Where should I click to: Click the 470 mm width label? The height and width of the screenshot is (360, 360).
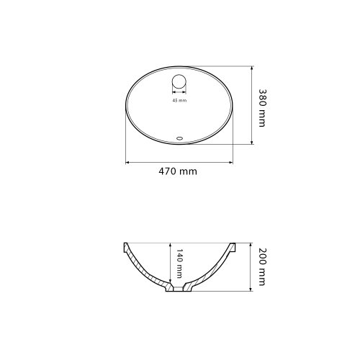click(178, 171)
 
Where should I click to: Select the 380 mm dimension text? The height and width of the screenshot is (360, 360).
click(263, 108)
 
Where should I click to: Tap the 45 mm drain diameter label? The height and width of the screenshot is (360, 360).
click(179, 100)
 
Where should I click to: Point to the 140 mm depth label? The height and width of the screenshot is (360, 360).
click(179, 264)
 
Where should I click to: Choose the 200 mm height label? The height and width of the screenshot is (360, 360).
click(262, 267)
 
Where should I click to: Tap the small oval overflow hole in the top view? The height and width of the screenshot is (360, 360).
click(179, 138)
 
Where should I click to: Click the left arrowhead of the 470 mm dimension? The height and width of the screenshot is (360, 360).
click(127, 163)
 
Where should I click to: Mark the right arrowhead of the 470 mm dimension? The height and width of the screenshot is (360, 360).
click(231, 163)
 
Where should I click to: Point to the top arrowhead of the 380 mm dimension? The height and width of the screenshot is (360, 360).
click(251, 68)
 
